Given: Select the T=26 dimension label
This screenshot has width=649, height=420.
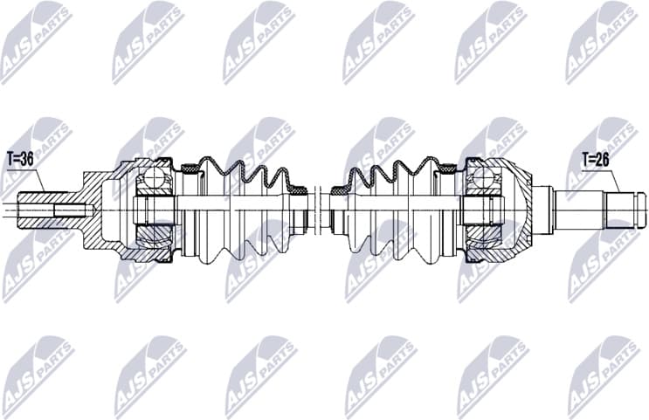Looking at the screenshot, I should (598, 160).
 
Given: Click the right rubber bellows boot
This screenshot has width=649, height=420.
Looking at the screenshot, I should (397, 210).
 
